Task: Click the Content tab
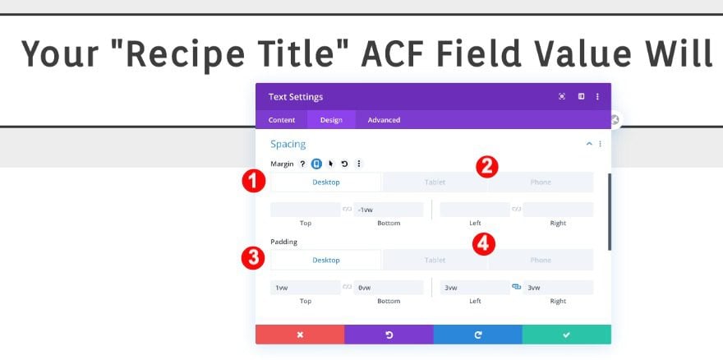(x=282, y=120)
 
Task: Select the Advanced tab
(x=384, y=120)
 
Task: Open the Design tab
(x=331, y=120)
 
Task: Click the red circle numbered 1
(x=254, y=182)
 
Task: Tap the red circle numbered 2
(x=487, y=167)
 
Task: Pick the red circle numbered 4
(x=483, y=243)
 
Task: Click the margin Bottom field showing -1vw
(x=389, y=210)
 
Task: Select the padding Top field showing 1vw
(x=306, y=288)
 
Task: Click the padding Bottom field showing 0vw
(x=389, y=288)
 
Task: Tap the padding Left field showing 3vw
(x=475, y=288)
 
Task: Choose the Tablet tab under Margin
(x=435, y=182)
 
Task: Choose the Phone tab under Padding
(x=541, y=261)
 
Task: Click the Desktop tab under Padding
(x=326, y=261)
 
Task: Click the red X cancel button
(x=300, y=335)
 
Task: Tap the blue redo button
(x=477, y=335)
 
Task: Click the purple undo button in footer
(x=389, y=335)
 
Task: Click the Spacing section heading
(x=288, y=144)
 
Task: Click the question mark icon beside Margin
(x=302, y=164)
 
